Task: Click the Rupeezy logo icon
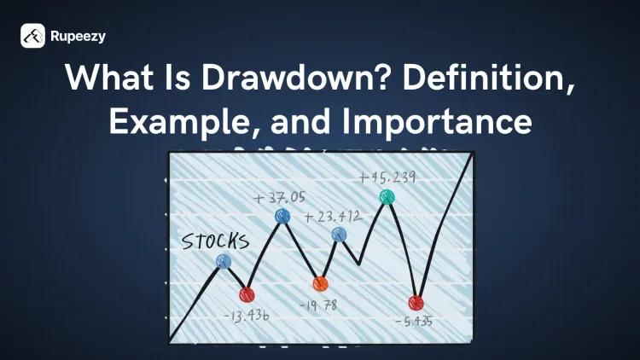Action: point(33,36)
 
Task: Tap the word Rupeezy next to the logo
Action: point(79,37)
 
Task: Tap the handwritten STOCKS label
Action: point(216,241)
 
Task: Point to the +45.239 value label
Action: point(388,177)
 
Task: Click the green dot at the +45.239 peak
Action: point(387,197)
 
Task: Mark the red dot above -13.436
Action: point(247,295)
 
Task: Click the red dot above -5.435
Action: point(416,303)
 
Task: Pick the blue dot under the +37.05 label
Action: point(282,218)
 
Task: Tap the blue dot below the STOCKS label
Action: point(224,262)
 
